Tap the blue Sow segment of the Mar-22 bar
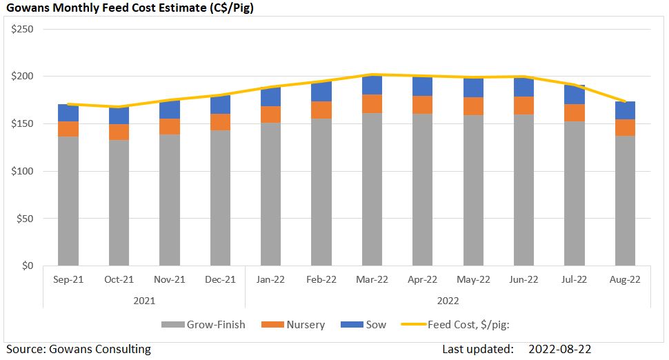pos(372,86)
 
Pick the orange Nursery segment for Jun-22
pos(523,105)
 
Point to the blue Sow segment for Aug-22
pos(625,110)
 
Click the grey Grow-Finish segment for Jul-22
pos(575,194)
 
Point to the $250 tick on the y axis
pos(24,29)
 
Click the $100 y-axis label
pos(24,171)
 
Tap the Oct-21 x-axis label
pos(119,280)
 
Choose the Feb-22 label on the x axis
pos(321,280)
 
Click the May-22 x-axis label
pos(473,280)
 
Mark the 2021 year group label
pos(144,301)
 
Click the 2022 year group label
pos(448,301)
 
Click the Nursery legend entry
pos(306,324)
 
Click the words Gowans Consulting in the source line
pos(100,349)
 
